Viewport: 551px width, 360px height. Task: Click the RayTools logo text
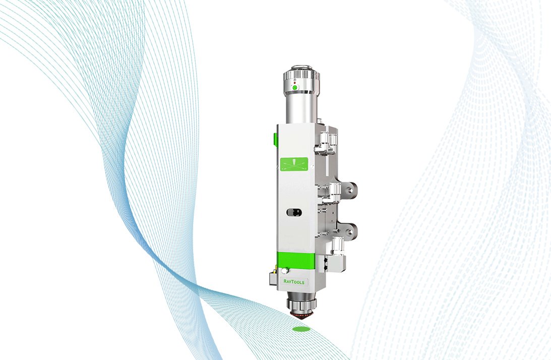tap(294, 282)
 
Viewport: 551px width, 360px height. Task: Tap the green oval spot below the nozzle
tap(301, 329)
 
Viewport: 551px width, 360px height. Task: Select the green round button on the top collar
tap(295, 88)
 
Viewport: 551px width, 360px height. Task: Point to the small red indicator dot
tap(294, 83)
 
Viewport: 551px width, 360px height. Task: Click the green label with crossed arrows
tap(294, 165)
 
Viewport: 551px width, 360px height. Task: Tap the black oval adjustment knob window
tap(294, 212)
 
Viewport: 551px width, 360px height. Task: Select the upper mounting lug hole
tap(349, 190)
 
